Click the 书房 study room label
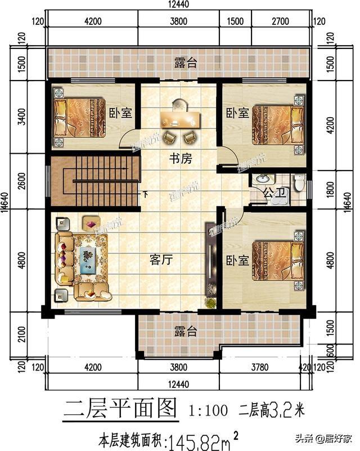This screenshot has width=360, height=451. tap(181, 159)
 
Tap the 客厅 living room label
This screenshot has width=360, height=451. tap(160, 260)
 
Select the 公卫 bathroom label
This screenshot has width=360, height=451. tap(274, 193)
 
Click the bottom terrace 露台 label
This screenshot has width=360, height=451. tap(185, 332)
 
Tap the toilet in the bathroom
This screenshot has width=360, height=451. tap(299, 183)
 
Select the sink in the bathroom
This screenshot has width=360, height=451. tap(262, 180)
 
